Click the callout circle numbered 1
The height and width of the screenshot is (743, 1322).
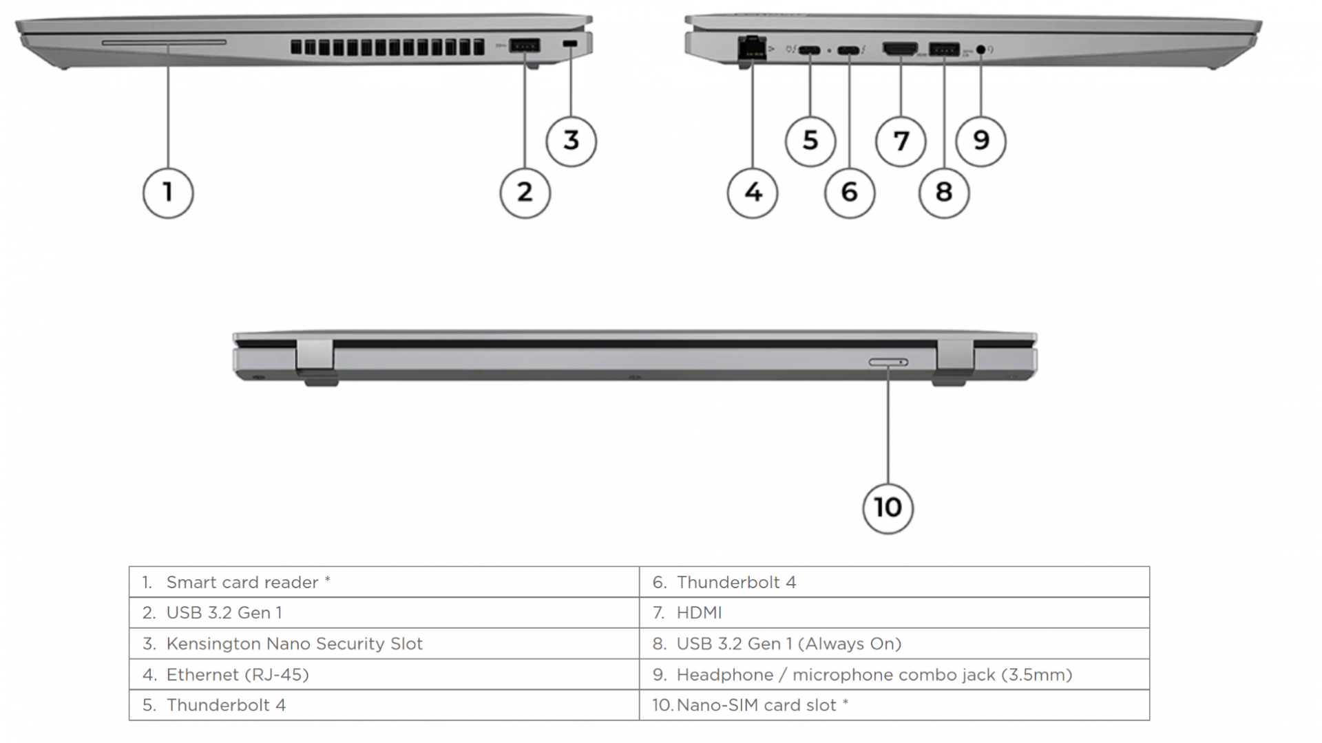click(168, 192)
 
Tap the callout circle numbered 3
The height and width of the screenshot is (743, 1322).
click(571, 140)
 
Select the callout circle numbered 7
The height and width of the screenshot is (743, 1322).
click(901, 140)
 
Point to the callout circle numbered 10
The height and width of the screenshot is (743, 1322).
click(888, 508)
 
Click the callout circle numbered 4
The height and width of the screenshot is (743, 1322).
click(753, 192)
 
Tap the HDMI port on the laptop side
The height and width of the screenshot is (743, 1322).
click(900, 49)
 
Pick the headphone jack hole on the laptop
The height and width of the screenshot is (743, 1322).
click(981, 50)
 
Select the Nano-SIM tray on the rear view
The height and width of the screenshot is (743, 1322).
click(888, 363)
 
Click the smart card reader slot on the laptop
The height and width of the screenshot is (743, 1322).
click(164, 43)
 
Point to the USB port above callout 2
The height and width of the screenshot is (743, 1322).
click(525, 46)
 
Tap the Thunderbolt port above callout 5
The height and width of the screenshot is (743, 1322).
click(810, 50)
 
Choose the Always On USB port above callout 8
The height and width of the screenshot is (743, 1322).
click(944, 50)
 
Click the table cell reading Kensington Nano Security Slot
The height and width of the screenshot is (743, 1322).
click(294, 644)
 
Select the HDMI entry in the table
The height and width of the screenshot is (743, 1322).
click(699, 613)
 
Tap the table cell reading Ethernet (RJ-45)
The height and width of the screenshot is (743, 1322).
click(237, 675)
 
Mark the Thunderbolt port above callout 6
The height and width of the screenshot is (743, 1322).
click(850, 50)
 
